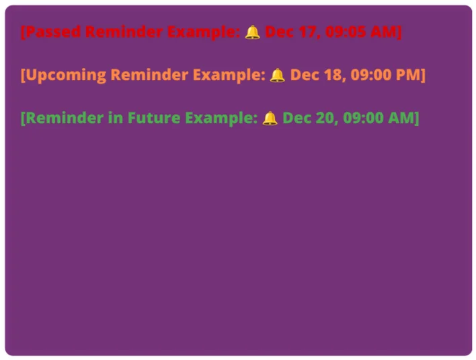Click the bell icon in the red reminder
click(x=252, y=32)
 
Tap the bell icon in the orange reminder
click(x=277, y=75)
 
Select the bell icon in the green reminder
click(x=270, y=118)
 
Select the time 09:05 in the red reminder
click(x=347, y=32)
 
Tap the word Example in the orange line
click(x=229, y=75)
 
